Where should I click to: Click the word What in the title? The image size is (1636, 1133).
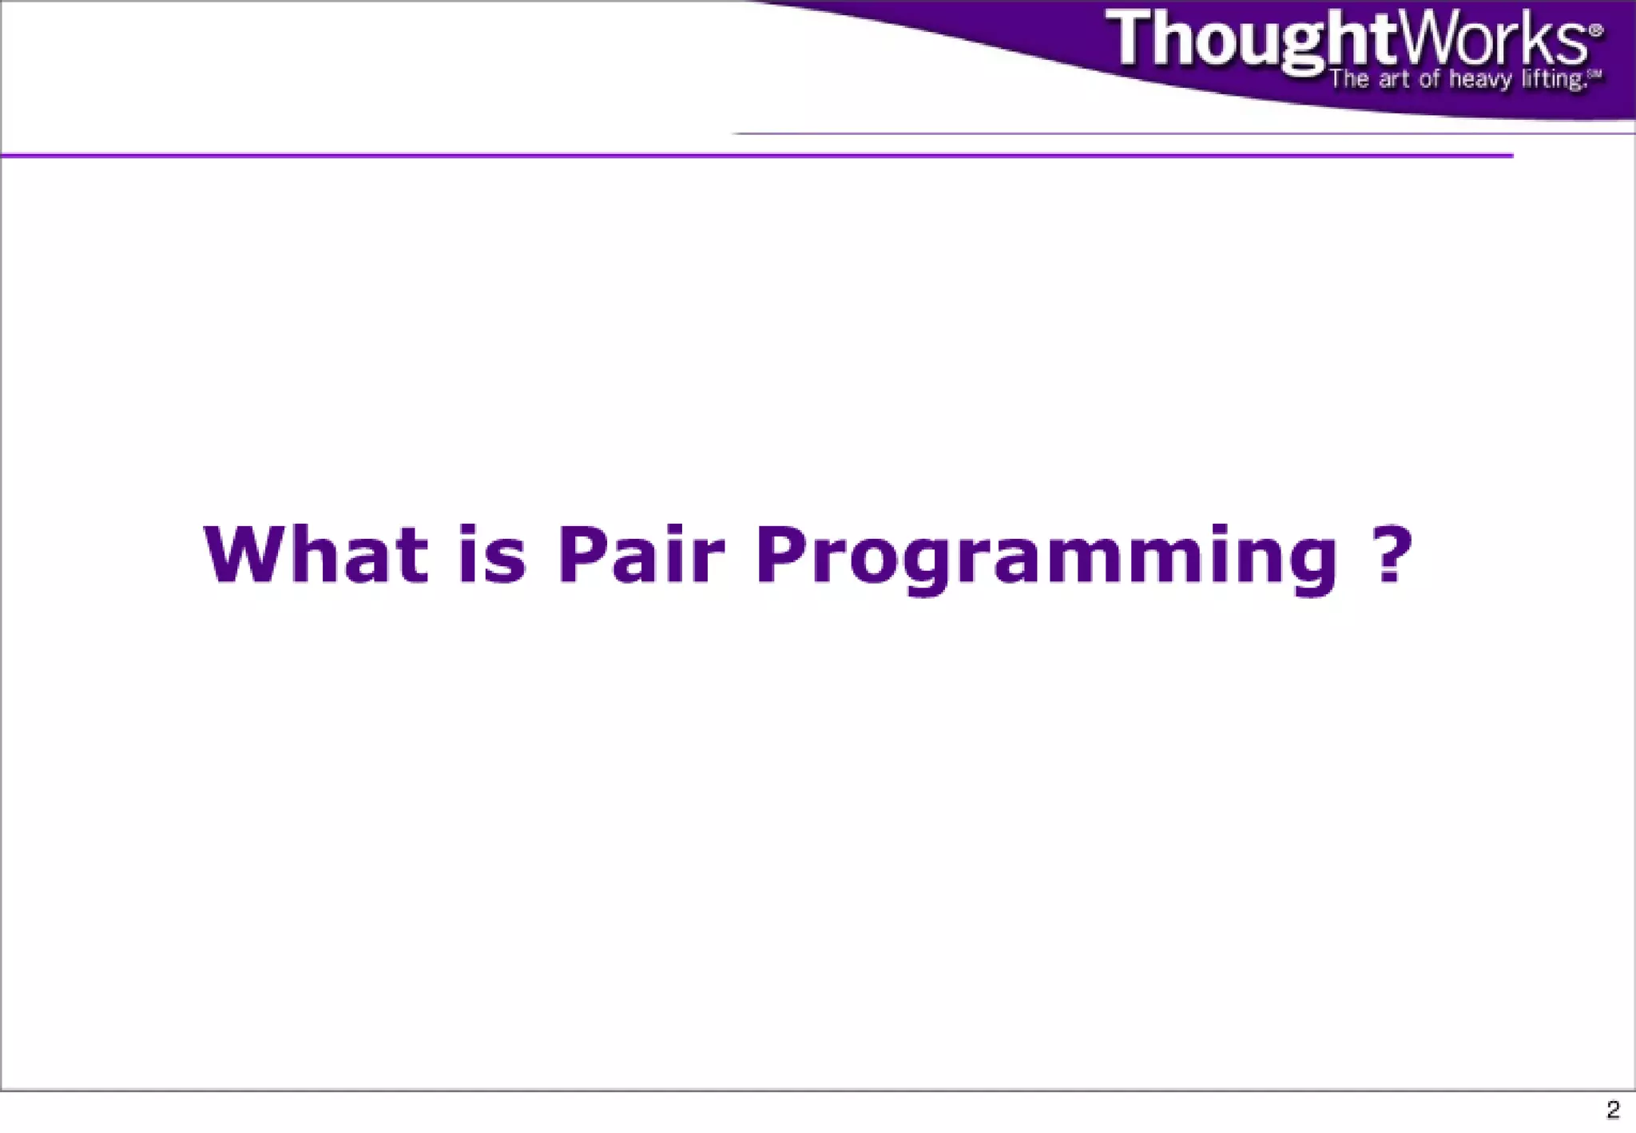316,554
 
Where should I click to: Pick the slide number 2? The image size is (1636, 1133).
1613,1110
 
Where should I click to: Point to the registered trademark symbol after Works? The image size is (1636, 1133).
1595,30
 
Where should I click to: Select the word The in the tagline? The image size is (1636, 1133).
1349,79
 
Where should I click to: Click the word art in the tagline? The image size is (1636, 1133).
1393,80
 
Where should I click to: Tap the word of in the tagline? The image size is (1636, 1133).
1430,79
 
